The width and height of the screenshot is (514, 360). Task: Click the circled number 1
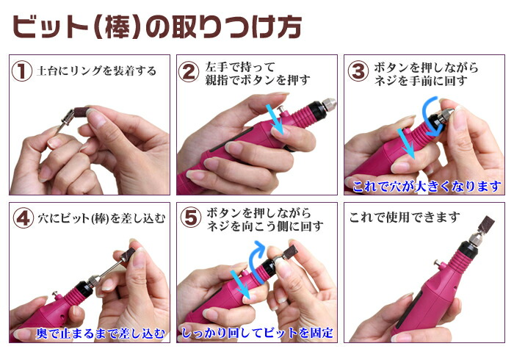click(x=21, y=71)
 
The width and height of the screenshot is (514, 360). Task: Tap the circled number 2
click(x=189, y=72)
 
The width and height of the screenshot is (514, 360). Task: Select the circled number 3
click(x=358, y=71)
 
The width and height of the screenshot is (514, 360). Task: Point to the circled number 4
click(x=23, y=218)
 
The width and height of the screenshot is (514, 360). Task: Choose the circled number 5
click(x=191, y=217)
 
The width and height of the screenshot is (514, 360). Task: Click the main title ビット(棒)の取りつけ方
click(x=157, y=27)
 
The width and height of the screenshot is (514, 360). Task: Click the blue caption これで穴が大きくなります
click(x=427, y=187)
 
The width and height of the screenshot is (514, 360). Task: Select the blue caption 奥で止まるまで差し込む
click(x=101, y=334)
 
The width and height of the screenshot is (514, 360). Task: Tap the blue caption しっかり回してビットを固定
click(x=257, y=333)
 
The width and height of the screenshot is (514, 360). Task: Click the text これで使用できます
click(x=404, y=217)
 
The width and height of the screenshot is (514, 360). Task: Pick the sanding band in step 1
click(x=81, y=113)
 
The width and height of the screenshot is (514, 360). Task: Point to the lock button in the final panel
click(x=437, y=263)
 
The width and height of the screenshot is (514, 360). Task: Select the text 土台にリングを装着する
click(x=97, y=71)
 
